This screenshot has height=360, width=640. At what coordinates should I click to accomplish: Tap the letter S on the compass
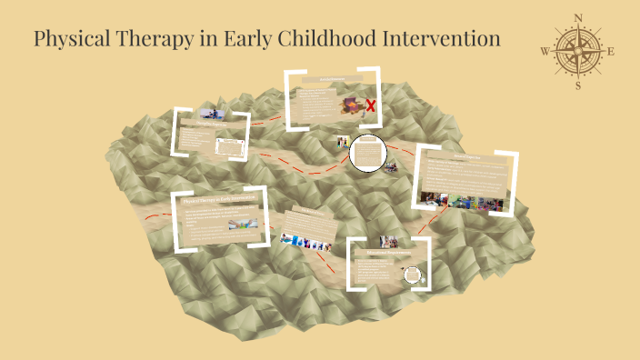coord(577,85)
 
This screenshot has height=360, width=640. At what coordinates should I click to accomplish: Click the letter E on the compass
coord(611,51)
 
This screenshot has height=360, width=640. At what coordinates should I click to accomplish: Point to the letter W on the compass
coord(545,51)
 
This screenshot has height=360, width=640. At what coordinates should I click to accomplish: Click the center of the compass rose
coord(577,51)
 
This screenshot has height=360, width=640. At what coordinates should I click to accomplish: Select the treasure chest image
coord(350,106)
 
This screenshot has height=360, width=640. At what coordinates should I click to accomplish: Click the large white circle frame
coord(368,153)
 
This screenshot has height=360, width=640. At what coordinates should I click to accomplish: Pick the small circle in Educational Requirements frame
coord(415,274)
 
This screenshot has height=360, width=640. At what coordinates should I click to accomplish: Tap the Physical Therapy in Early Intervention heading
coord(218,199)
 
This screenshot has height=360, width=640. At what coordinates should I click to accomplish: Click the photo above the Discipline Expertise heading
coord(211,114)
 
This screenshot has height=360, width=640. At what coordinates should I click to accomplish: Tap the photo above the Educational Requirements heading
coord(389,242)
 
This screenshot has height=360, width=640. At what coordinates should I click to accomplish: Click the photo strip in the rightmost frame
coord(465,200)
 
